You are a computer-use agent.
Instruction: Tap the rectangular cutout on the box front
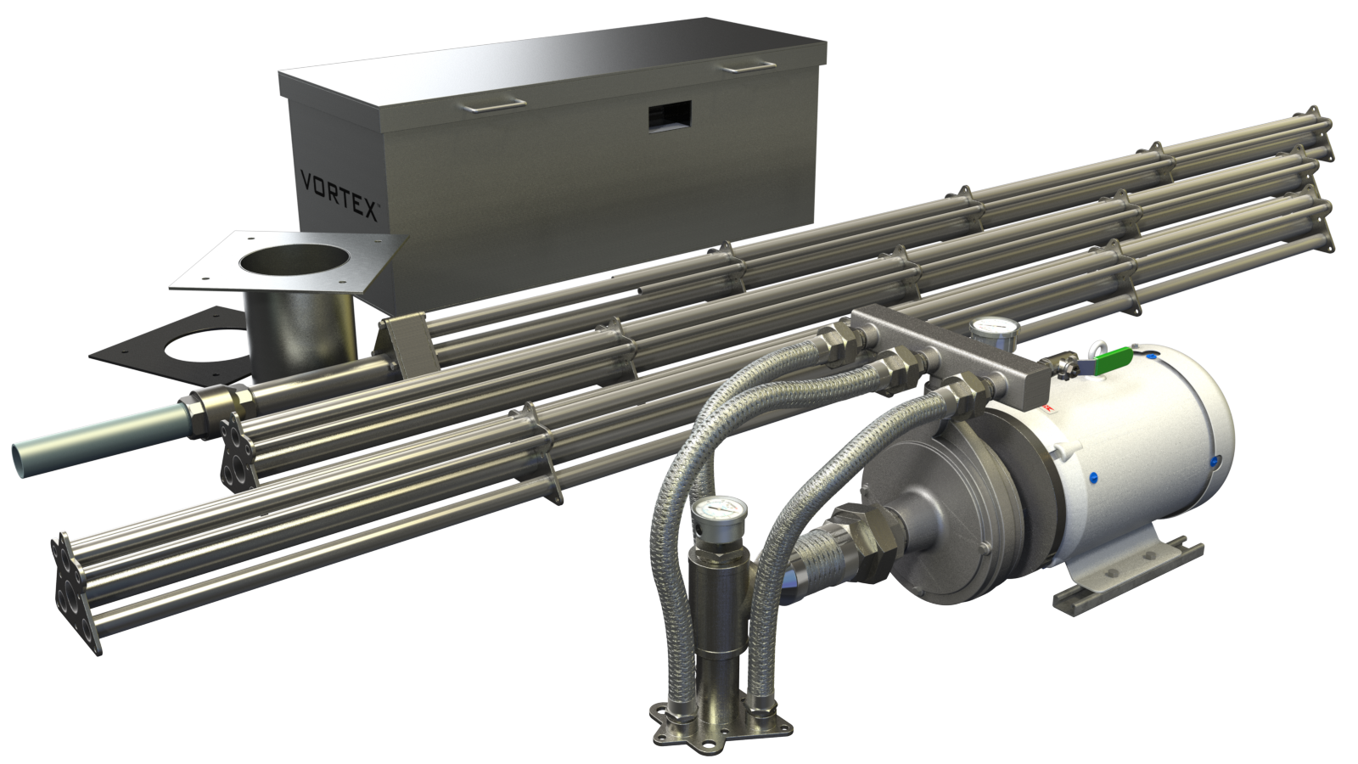point(670,115)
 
